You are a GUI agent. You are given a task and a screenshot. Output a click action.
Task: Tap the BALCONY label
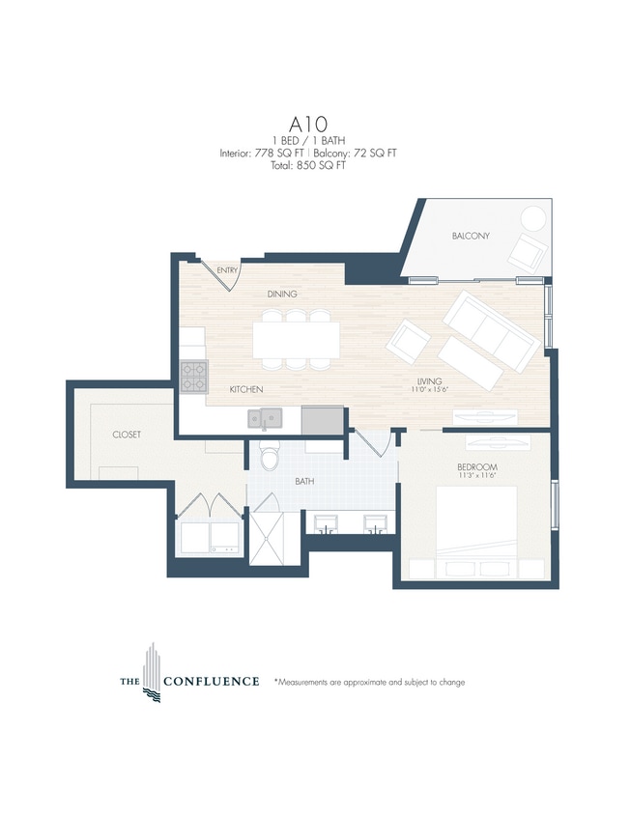471,236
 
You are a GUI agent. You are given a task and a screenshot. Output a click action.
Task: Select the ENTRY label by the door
228,270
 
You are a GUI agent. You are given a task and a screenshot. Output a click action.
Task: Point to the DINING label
282,294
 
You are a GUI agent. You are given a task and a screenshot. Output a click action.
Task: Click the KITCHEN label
246,389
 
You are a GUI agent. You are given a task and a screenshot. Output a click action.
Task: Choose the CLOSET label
126,435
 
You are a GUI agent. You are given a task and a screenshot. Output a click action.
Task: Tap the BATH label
304,480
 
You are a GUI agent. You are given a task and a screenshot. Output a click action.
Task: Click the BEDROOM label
476,466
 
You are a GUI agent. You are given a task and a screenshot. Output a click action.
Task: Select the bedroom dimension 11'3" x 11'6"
476,477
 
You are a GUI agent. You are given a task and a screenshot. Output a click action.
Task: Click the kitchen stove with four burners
193,376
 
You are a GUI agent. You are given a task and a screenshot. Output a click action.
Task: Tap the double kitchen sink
264,418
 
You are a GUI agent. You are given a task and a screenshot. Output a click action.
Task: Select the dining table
297,339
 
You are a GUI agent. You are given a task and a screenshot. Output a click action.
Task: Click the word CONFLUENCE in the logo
211,681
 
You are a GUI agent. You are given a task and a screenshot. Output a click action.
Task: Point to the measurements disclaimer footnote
369,682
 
